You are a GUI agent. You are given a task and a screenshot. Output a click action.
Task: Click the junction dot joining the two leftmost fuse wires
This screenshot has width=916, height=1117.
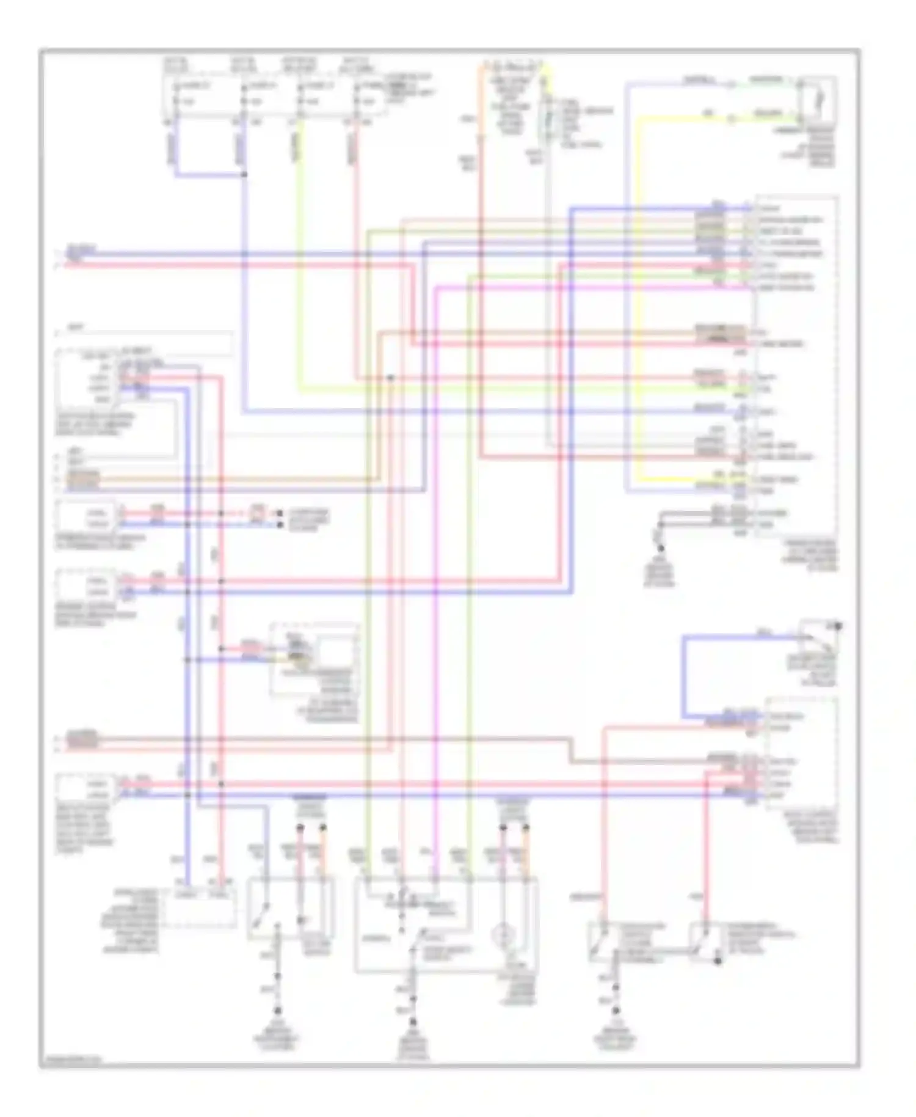(244, 175)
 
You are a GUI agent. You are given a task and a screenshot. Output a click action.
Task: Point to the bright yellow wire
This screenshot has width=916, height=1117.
(638, 306)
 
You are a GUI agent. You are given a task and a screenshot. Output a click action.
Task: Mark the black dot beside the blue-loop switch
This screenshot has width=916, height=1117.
(838, 626)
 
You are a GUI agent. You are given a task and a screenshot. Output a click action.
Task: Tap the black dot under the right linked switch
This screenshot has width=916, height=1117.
(718, 961)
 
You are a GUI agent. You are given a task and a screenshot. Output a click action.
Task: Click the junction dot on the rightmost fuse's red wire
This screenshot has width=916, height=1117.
(390, 378)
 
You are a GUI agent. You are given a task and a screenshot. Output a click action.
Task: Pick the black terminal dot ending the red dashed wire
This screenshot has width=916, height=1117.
(280, 513)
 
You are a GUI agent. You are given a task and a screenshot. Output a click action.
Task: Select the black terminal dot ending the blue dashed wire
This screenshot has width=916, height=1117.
(280, 524)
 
